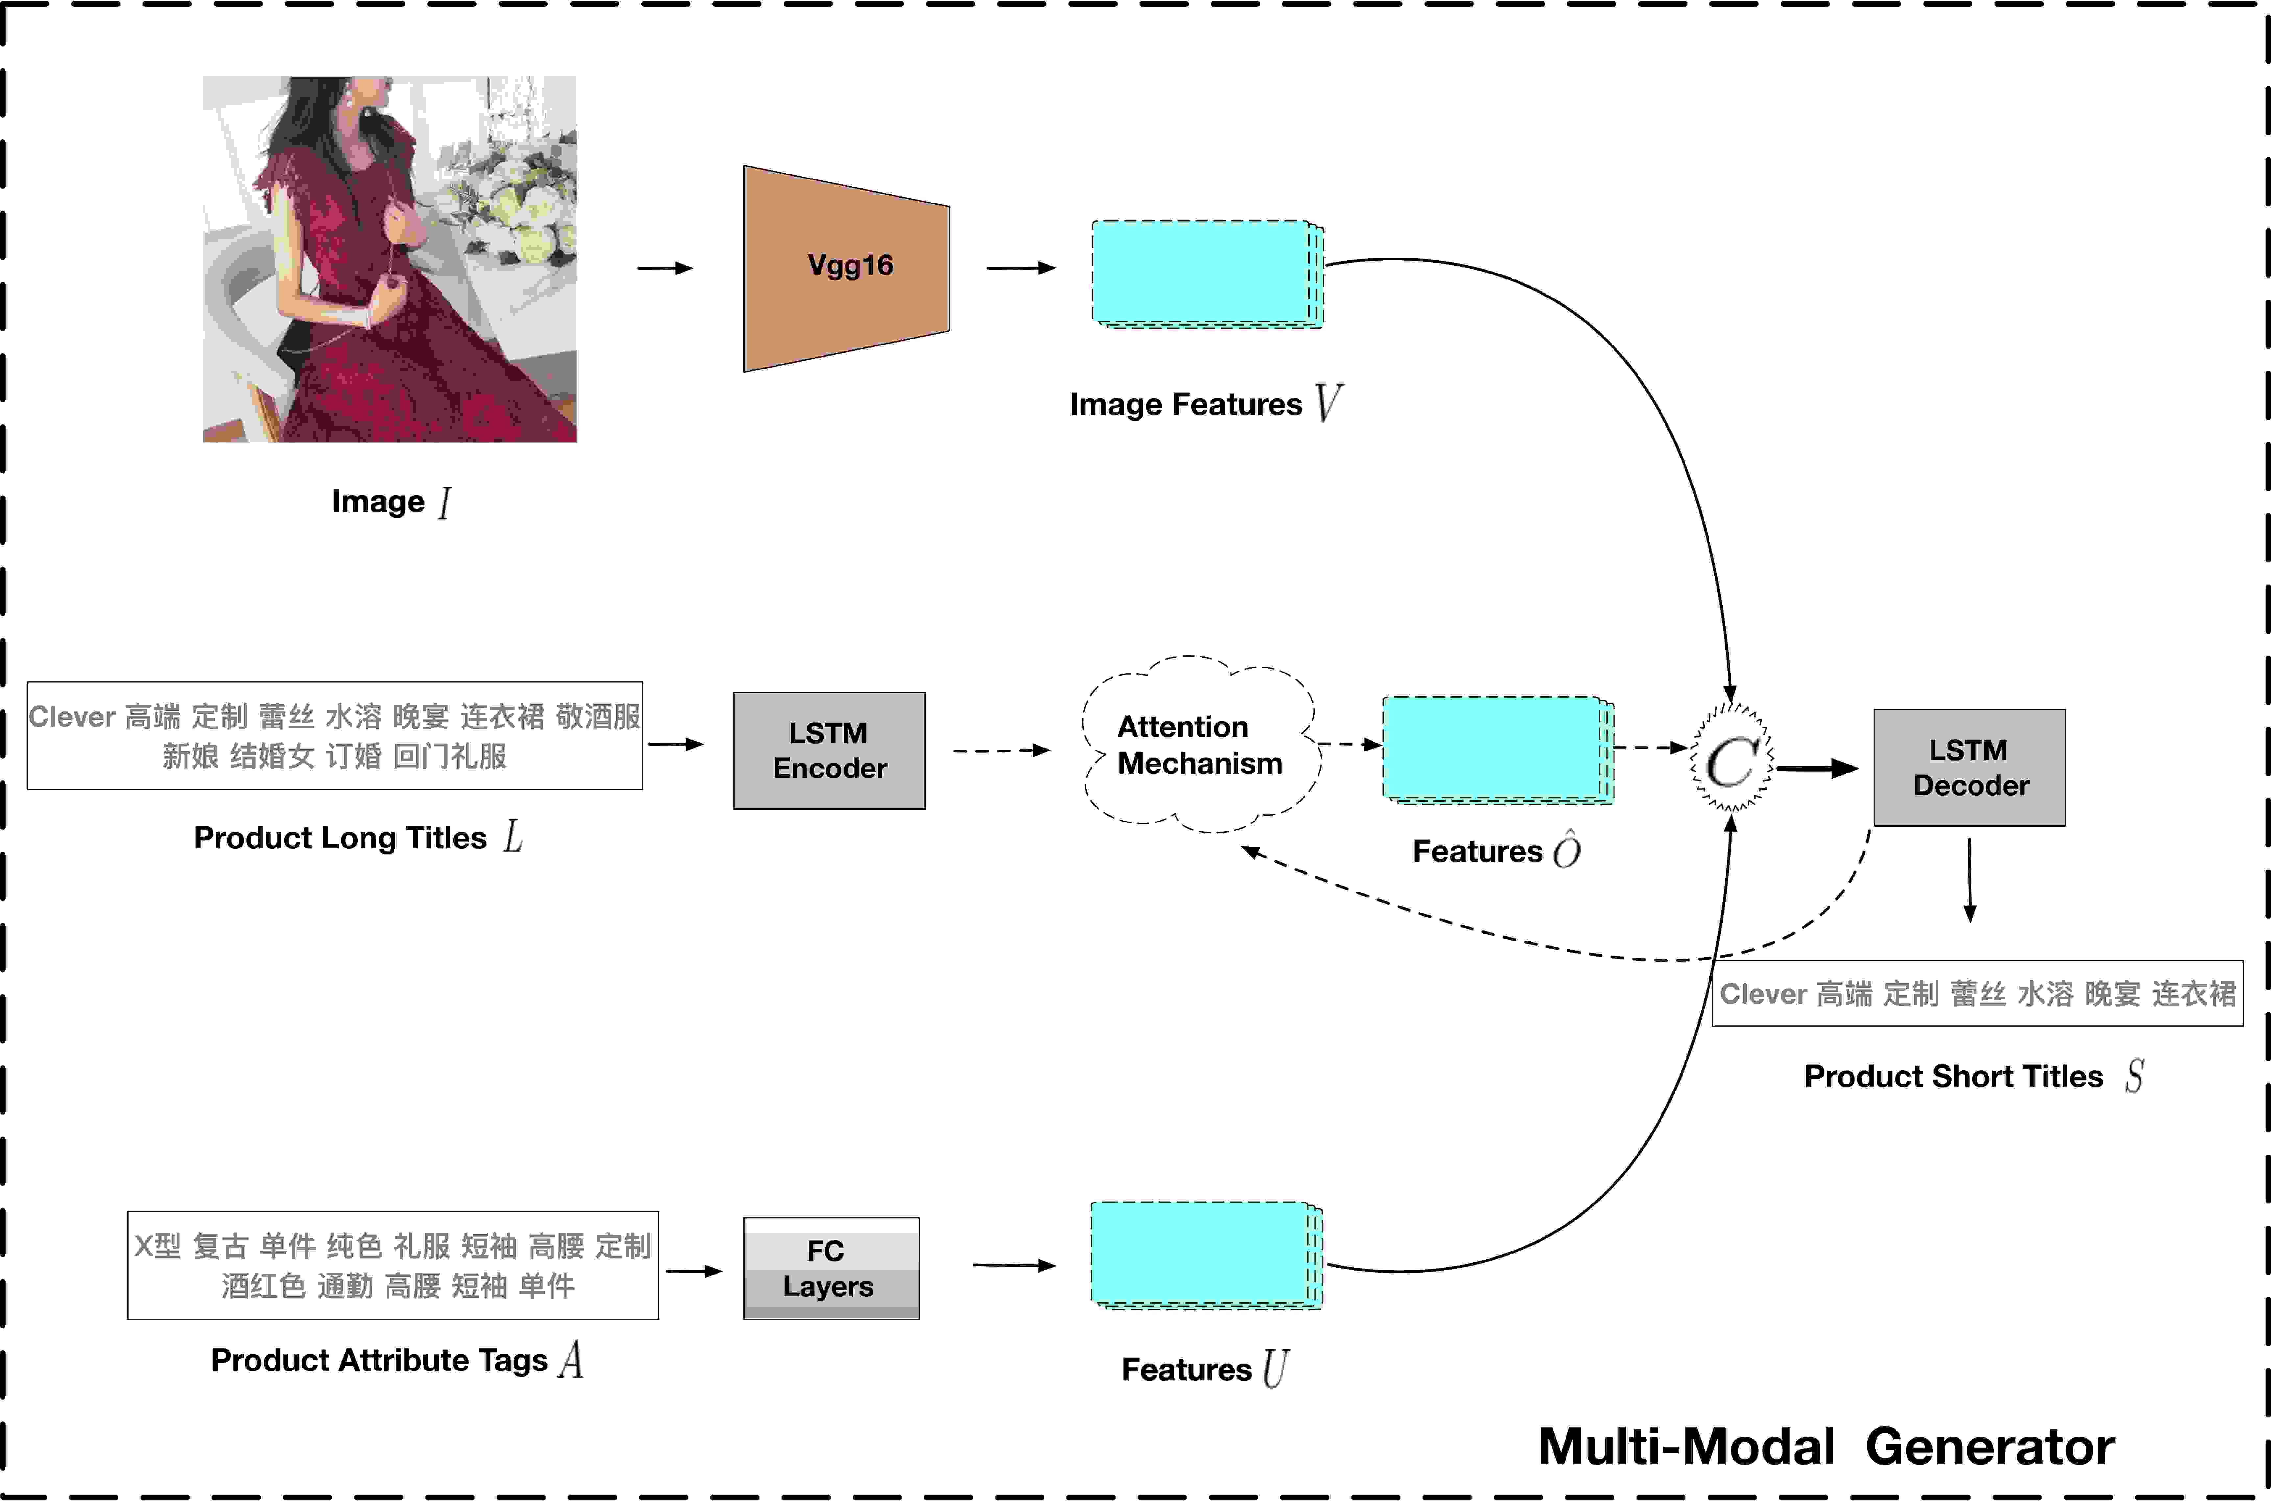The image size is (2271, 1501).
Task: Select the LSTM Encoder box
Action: click(x=829, y=751)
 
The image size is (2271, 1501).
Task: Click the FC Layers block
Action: click(x=831, y=1268)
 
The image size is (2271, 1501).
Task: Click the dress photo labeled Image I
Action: click(x=390, y=259)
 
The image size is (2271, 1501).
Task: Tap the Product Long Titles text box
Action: click(x=335, y=735)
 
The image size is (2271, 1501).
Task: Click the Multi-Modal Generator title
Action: click(x=1826, y=1446)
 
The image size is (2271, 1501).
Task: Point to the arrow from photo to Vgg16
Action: click(x=665, y=268)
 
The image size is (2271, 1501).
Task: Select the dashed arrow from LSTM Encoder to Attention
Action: click(x=1002, y=751)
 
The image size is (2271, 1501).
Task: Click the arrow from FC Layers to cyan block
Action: click(x=1015, y=1266)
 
